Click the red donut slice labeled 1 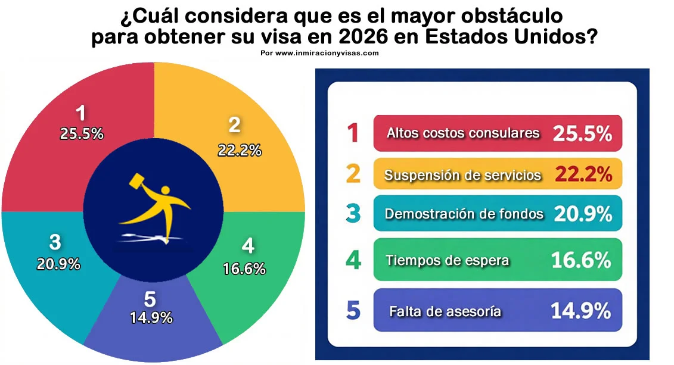66,155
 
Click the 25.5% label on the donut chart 82,134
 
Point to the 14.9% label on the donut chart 151,317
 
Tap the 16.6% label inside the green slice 244,269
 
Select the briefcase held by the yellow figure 138,180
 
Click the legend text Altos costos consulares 463,133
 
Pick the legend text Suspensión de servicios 462,175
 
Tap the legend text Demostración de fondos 464,214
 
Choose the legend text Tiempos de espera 446,260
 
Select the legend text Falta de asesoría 445,311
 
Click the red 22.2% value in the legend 583,174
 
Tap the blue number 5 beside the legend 353,311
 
